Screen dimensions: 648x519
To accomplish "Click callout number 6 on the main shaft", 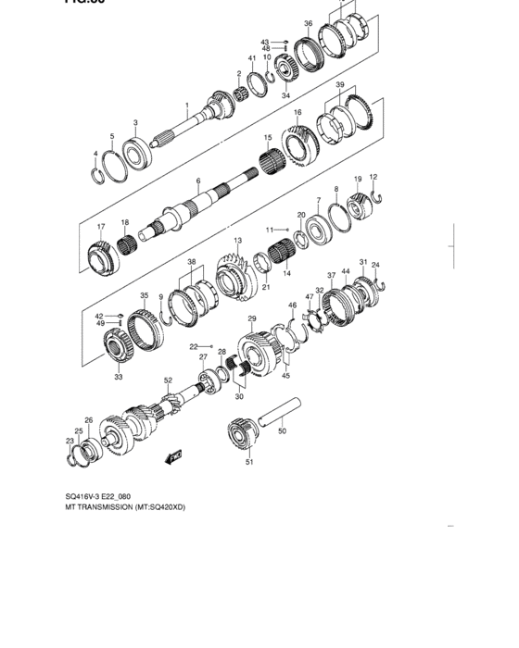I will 197,181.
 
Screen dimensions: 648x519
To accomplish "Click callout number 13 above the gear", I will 238,240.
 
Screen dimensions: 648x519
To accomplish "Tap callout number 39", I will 340,84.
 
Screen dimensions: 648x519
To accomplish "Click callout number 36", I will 308,24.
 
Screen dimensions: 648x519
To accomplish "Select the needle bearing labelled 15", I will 270,166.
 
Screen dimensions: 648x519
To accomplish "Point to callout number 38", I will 192,262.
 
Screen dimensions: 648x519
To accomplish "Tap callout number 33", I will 118,377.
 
